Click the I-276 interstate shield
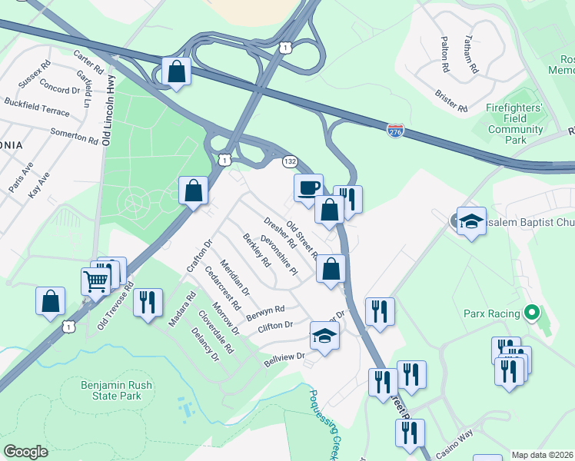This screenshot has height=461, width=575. click(x=395, y=131)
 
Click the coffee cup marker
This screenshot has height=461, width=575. click(x=308, y=187)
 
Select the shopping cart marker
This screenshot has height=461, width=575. click(x=96, y=280)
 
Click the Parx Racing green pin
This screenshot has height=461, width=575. click(x=530, y=313)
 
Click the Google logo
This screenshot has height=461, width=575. click(x=25, y=452)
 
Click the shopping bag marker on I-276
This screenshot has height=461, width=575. click(x=177, y=72)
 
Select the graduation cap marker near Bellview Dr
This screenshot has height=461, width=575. click(x=324, y=336)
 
